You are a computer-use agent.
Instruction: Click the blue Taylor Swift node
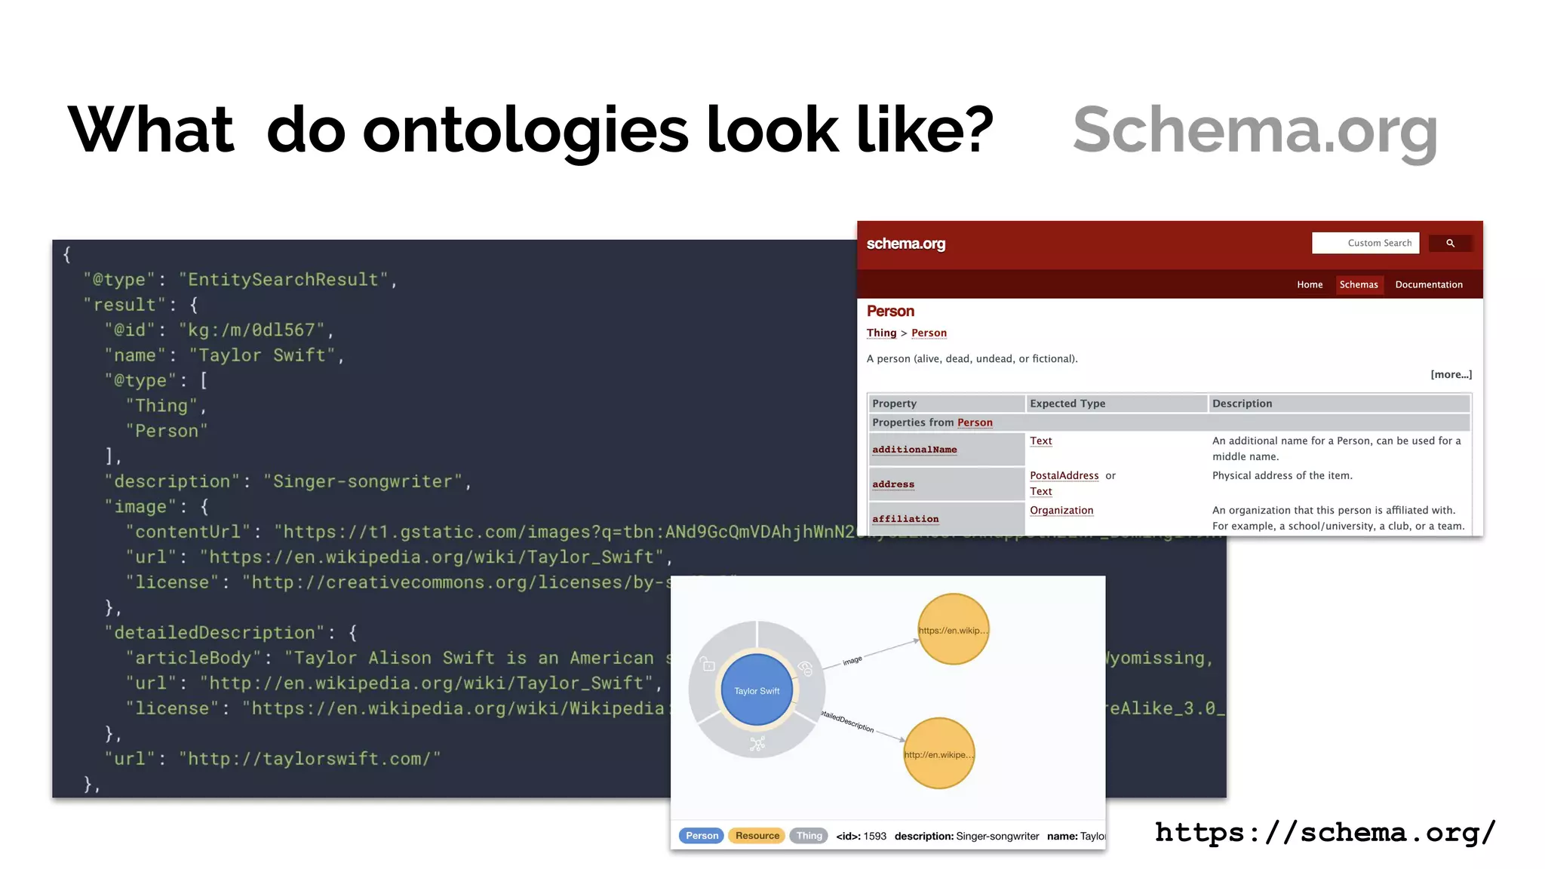757,690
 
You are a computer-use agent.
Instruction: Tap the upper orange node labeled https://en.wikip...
953,630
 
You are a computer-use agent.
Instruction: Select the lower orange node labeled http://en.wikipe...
938,754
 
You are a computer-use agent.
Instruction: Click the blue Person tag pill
702,836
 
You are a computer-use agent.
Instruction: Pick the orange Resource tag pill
757,836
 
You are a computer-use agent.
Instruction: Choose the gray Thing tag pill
809,836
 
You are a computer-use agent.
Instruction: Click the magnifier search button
1449,243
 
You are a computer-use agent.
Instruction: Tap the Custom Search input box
1365,243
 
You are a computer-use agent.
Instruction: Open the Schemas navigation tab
1358,284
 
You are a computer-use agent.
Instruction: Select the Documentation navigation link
1428,284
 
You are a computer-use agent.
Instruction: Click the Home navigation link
1310,284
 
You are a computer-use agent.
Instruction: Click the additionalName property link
914,450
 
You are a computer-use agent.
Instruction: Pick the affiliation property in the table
905,519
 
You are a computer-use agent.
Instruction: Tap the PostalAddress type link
1064,475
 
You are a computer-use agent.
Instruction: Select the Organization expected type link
1061,510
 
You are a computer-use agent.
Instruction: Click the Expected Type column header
1067,404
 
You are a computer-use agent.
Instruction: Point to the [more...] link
1451,374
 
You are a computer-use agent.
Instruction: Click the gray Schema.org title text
1255,131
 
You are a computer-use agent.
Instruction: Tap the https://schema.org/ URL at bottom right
1325,832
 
